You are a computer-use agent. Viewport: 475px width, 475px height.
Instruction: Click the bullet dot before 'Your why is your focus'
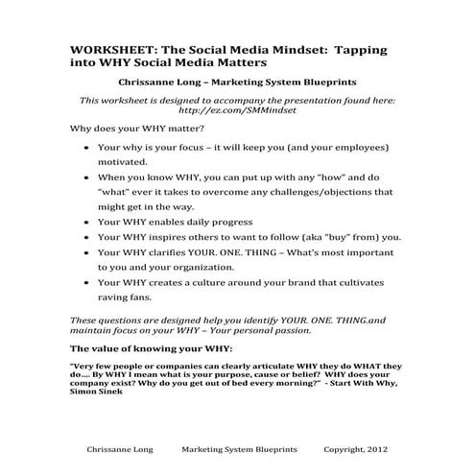click(87, 149)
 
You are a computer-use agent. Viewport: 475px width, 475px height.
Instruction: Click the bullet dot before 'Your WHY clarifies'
click(87, 253)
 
